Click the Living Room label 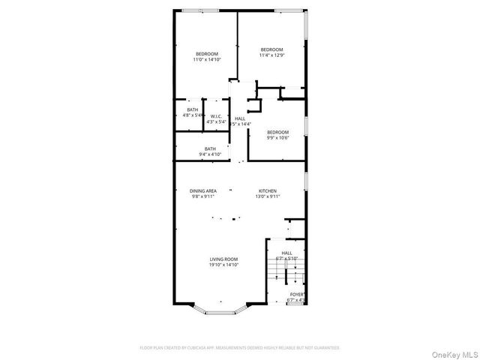tap(223, 259)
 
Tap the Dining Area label tap(202, 191)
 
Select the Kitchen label tap(268, 191)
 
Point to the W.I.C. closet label tap(215, 115)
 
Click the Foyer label tap(296, 294)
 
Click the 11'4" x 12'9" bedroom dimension tap(271, 55)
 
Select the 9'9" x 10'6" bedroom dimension tap(277, 138)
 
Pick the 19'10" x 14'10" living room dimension tap(223, 265)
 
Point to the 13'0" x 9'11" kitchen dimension tap(268, 197)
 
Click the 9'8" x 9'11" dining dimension tap(202, 197)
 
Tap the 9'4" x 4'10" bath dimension tap(210, 154)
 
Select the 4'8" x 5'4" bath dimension tap(193, 115)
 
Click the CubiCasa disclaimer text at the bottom tap(240, 348)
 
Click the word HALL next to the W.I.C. tap(240, 118)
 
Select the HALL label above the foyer tap(287, 253)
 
